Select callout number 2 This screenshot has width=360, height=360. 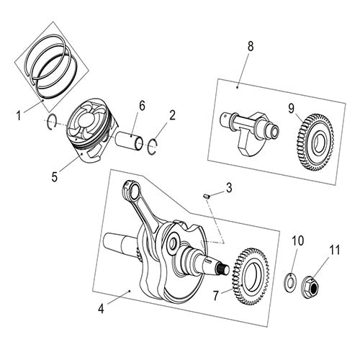tap(172, 114)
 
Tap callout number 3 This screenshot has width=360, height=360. tap(228, 189)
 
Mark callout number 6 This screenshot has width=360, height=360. tap(142, 106)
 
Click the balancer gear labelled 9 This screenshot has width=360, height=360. tap(315, 138)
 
